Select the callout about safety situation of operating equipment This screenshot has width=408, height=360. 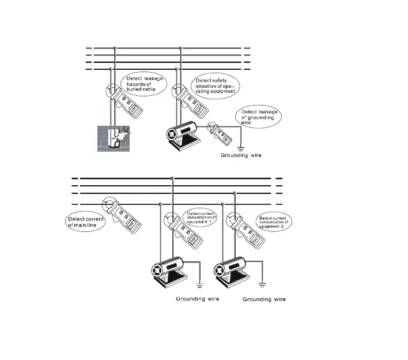[216, 84]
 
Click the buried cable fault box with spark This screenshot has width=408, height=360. [112, 138]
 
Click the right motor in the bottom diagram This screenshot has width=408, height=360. [232, 271]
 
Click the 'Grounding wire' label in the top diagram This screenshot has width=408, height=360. [241, 156]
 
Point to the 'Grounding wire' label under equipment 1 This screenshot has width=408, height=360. [198, 299]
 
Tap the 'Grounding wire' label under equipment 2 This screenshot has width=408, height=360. [264, 299]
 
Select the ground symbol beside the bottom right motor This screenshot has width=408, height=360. [263, 283]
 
